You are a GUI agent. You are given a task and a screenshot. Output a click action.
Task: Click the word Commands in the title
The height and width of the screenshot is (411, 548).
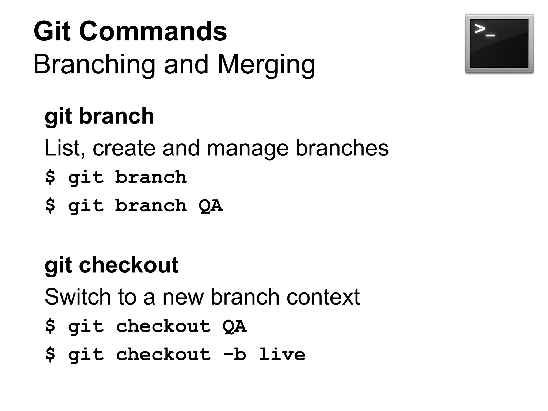(153, 32)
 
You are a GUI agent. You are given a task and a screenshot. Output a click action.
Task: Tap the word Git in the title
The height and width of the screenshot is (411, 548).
(52, 32)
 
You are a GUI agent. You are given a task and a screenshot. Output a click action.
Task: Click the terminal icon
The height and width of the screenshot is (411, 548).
(499, 44)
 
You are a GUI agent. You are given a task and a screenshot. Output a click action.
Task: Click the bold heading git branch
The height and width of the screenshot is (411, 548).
(99, 116)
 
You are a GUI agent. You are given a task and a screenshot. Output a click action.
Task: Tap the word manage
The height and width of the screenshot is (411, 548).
(248, 149)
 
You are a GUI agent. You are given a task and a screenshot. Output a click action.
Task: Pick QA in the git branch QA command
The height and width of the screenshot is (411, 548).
(211, 206)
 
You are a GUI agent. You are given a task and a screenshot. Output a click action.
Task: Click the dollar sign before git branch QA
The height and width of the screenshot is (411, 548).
(50, 206)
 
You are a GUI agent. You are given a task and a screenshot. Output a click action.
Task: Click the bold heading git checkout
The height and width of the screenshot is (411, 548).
(112, 265)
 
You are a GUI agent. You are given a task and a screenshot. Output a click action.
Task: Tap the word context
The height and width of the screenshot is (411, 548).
(323, 297)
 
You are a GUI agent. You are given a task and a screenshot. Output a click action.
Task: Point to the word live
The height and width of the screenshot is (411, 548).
(282, 355)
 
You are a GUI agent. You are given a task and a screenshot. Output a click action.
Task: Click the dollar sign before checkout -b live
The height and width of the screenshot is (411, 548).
(50, 355)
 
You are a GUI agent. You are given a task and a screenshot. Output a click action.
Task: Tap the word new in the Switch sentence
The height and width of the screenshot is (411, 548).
(183, 297)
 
